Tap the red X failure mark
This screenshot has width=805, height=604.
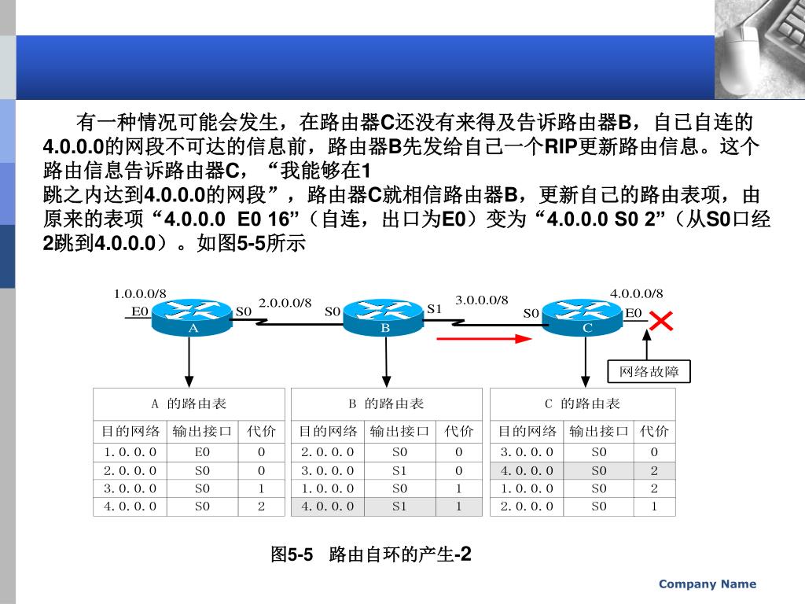point(662,321)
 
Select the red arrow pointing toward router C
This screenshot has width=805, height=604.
point(485,339)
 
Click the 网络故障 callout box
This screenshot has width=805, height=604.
point(649,371)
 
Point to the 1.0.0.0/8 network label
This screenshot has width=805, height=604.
point(140,293)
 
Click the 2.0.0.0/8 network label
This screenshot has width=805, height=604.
point(285,303)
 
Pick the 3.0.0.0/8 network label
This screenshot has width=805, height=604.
point(482,300)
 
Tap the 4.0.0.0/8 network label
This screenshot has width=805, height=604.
point(637,293)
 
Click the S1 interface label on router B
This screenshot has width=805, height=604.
point(435,309)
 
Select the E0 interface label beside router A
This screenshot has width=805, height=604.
point(140,311)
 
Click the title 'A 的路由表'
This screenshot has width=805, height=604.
point(189,403)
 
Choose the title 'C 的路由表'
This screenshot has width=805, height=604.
point(583,403)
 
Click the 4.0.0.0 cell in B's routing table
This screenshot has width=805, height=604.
point(328,506)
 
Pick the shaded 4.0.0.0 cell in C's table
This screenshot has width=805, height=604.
point(527,470)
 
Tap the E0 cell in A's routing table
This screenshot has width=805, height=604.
point(202,452)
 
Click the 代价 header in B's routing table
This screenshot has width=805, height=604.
point(459,431)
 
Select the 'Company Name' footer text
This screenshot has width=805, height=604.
point(708,584)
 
